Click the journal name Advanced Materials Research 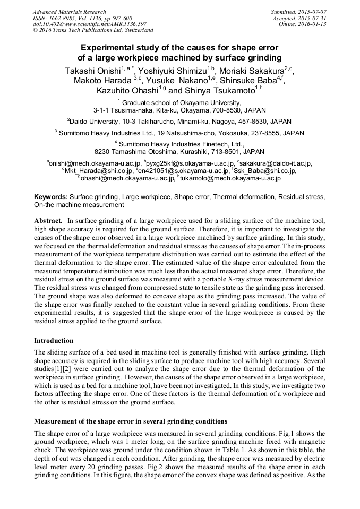(x=70, y=12)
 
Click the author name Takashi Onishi (x=92, y=71)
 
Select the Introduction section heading (x=54, y=341)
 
